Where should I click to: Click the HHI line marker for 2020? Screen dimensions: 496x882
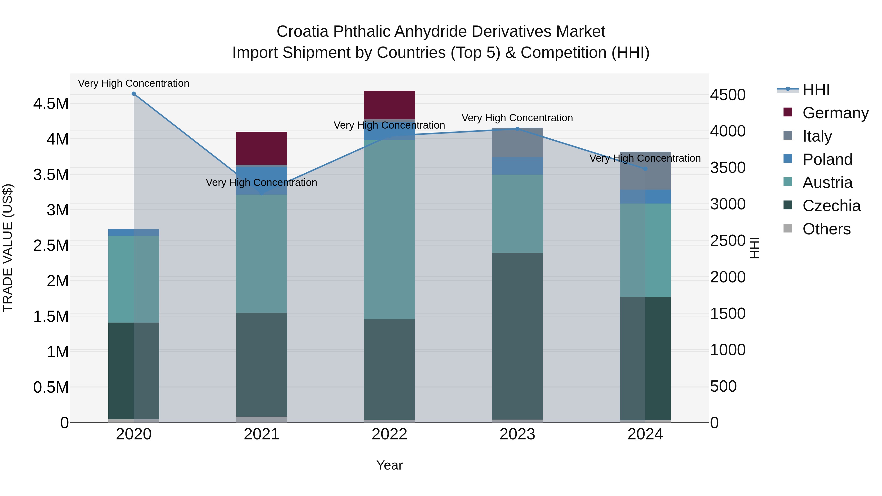coord(134,94)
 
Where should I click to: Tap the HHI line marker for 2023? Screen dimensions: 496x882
coord(517,129)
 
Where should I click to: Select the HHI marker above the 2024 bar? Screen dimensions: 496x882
coord(645,169)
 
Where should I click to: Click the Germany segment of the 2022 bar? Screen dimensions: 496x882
coord(389,105)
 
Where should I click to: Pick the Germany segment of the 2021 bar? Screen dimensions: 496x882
coord(262,148)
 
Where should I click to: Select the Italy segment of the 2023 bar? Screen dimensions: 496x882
coord(517,142)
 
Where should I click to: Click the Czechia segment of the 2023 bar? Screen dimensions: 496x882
coord(517,336)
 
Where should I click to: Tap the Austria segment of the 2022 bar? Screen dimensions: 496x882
coord(389,229)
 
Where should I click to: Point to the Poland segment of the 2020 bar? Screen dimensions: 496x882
coord(134,232)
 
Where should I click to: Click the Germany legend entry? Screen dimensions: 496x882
coord(835,113)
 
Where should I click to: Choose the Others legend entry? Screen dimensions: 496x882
coord(826,229)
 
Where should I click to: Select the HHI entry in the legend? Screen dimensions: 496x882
coord(816,90)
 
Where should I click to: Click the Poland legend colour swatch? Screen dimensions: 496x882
coord(788,159)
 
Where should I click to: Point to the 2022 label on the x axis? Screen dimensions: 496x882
coord(389,434)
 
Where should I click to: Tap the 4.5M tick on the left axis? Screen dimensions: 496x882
coord(51,104)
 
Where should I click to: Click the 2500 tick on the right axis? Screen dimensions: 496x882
coord(728,241)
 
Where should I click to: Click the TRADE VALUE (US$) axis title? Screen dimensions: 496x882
coord(8,248)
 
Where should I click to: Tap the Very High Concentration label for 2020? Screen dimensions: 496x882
coord(134,83)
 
